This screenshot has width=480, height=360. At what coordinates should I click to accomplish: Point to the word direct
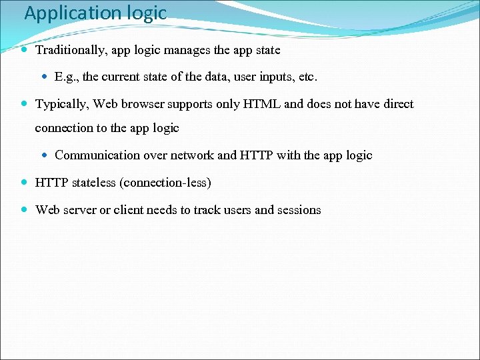point(397,104)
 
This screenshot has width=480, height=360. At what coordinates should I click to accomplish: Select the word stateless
point(92,183)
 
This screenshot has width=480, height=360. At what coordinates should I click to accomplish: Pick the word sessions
point(299,210)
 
